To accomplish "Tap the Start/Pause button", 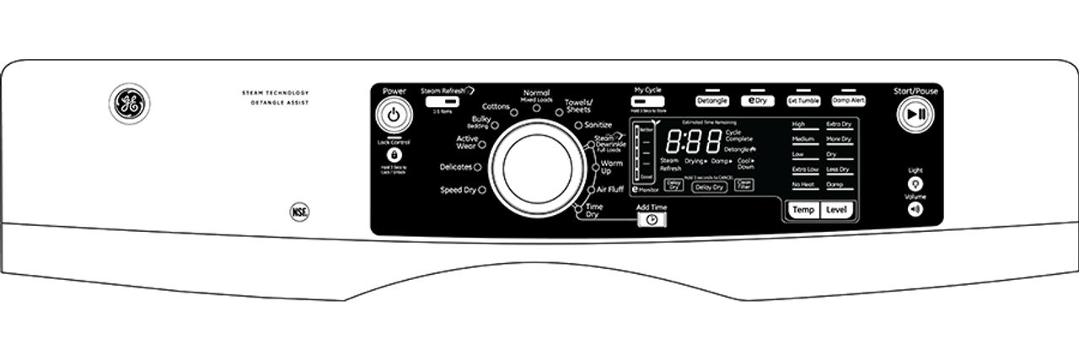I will point(915,114).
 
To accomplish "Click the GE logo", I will point(129,105).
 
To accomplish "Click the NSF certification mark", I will point(298,211).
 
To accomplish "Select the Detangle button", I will point(712,100).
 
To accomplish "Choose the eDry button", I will point(757,100).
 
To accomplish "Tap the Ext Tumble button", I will point(803,100).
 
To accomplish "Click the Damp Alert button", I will point(848,100).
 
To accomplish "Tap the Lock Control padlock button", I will point(394,156).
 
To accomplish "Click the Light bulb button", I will point(915,183).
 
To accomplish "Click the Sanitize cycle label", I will point(598,125).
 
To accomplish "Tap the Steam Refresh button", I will point(438,101).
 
